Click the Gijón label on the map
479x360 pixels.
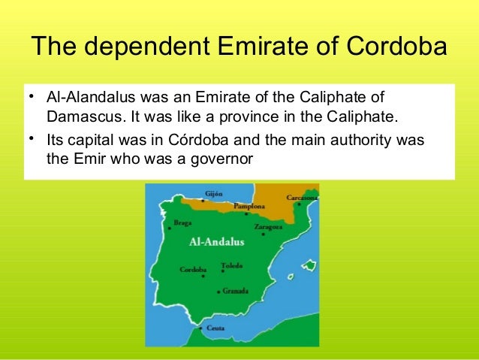click(x=213, y=193)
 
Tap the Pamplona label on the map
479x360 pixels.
click(x=249, y=206)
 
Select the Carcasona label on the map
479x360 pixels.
click(x=300, y=198)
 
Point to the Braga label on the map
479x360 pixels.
click(x=182, y=222)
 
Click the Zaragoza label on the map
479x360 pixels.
click(x=268, y=226)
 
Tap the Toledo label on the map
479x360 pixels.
click(x=232, y=265)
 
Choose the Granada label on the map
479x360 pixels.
click(x=236, y=290)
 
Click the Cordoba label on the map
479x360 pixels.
click(x=194, y=269)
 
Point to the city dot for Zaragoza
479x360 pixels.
click(x=263, y=234)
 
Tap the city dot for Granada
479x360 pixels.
click(x=218, y=291)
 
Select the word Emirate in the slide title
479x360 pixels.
click(x=254, y=48)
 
